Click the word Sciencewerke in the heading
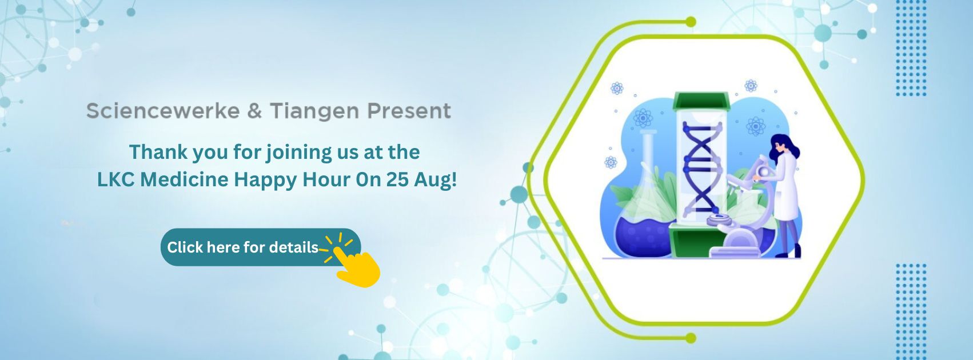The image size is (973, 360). pos(163,111)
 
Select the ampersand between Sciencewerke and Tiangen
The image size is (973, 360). pos(255,111)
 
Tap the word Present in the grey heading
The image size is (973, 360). pos(409,111)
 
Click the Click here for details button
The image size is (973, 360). pos(261,247)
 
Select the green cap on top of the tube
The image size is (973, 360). pos(701,101)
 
